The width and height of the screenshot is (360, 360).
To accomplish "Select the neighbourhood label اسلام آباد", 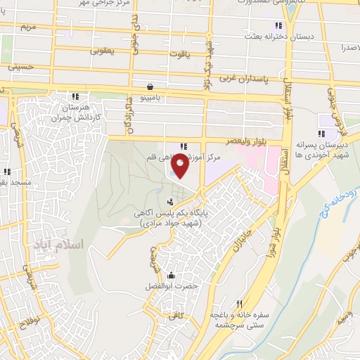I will point(58,245).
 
